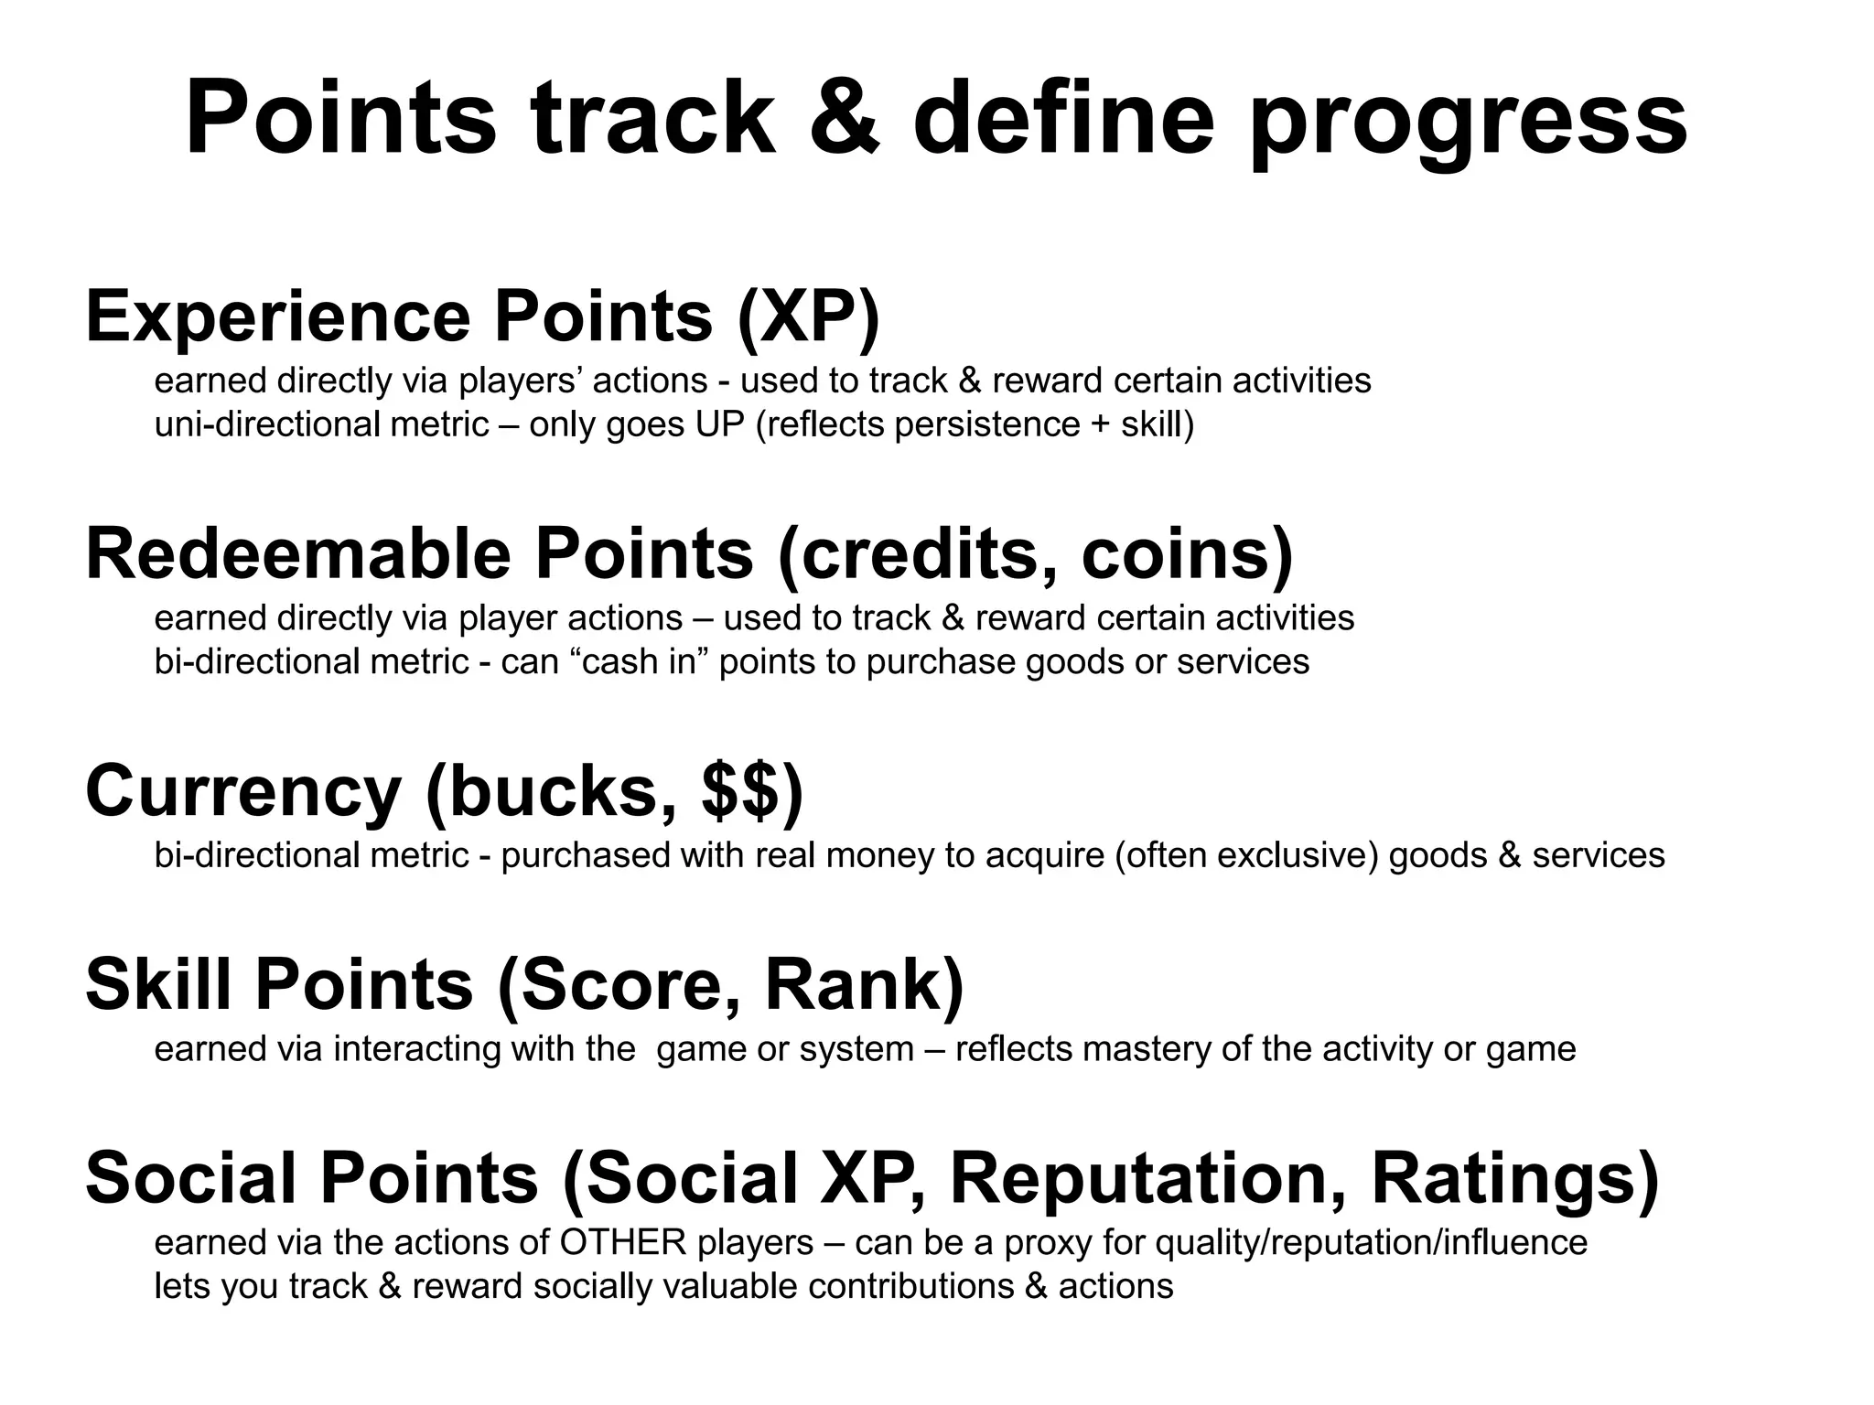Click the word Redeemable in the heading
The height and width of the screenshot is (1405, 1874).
click(298, 554)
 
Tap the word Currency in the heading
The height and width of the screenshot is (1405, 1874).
click(243, 792)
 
